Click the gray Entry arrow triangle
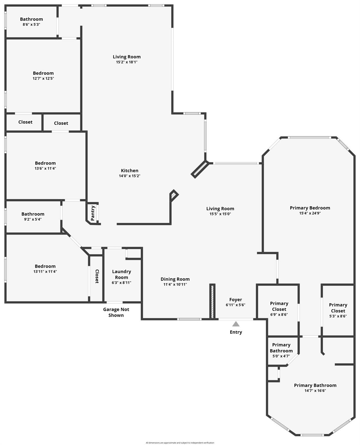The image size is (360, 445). (236, 324)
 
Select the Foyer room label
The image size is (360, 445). (235, 300)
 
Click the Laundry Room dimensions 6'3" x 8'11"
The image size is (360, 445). (121, 282)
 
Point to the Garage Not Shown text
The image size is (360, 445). (116, 312)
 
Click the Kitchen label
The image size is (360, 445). (130, 171)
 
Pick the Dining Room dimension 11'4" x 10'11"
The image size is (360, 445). (175, 284)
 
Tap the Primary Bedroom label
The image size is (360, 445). (310, 208)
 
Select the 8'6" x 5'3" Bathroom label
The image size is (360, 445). (31, 19)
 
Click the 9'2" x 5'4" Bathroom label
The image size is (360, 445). (33, 214)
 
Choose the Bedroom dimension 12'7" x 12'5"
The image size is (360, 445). (43, 78)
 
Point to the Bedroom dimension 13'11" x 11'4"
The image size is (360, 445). (45, 271)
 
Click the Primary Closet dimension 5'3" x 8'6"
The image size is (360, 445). (338, 316)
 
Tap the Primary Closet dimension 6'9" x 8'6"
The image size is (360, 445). (279, 314)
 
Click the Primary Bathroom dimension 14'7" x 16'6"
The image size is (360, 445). (315, 391)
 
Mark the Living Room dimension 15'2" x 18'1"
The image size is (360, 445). (127, 62)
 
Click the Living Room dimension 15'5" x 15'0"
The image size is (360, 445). (220, 214)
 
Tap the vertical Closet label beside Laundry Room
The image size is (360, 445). (97, 276)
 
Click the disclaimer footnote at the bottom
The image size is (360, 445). (180, 443)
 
